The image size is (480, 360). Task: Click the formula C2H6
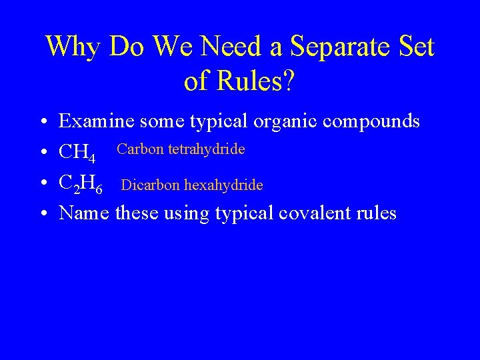point(81,183)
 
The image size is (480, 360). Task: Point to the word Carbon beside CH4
point(141,149)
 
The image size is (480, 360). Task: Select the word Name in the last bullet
point(84,213)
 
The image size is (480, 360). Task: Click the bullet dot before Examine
point(42,123)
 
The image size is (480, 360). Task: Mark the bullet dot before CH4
point(42,153)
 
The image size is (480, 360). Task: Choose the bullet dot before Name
point(42,214)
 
